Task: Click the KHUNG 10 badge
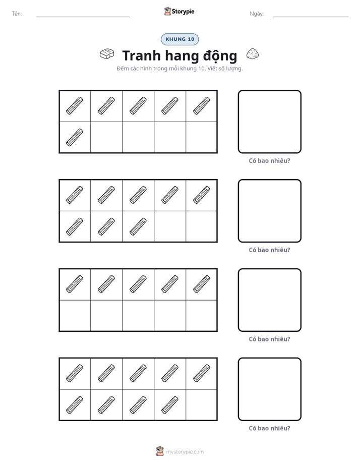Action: click(x=179, y=39)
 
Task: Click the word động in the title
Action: click(x=220, y=56)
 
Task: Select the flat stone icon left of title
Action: click(x=107, y=54)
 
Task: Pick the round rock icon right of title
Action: click(x=253, y=54)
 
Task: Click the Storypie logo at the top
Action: click(x=179, y=11)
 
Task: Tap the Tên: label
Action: click(x=17, y=14)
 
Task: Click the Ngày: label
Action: click(x=257, y=14)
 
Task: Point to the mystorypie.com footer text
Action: click(x=185, y=452)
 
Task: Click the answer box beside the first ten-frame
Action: click(x=270, y=122)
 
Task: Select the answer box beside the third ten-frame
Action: click(x=270, y=300)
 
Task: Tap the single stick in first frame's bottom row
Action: click(x=75, y=137)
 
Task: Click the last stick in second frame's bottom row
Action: click(x=138, y=226)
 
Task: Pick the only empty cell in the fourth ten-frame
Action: click(x=201, y=405)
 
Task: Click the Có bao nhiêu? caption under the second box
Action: click(x=269, y=250)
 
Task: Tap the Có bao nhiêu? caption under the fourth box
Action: click(x=269, y=428)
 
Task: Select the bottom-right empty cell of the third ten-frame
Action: click(x=201, y=316)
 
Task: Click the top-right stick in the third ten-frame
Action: click(x=202, y=284)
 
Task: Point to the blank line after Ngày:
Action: click(x=311, y=17)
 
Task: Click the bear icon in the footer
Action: click(x=160, y=451)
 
